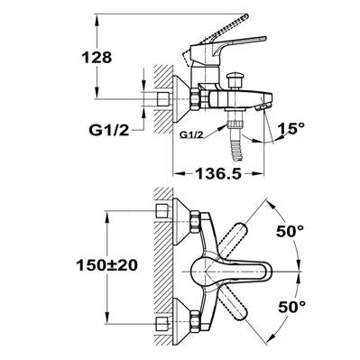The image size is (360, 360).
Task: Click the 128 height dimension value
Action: click(97, 57)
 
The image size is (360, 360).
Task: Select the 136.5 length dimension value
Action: click(218, 173)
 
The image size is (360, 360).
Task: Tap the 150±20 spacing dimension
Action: click(107, 265)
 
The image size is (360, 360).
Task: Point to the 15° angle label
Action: click(291, 129)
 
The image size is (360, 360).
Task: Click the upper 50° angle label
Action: click(291, 231)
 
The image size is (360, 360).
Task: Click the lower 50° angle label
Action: click(291, 307)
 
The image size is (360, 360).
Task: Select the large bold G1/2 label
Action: click(109, 130)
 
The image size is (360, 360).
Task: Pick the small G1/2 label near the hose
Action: click(191, 135)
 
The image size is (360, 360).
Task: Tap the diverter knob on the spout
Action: click(235, 79)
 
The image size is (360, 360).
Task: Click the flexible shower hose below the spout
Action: click(236, 147)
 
